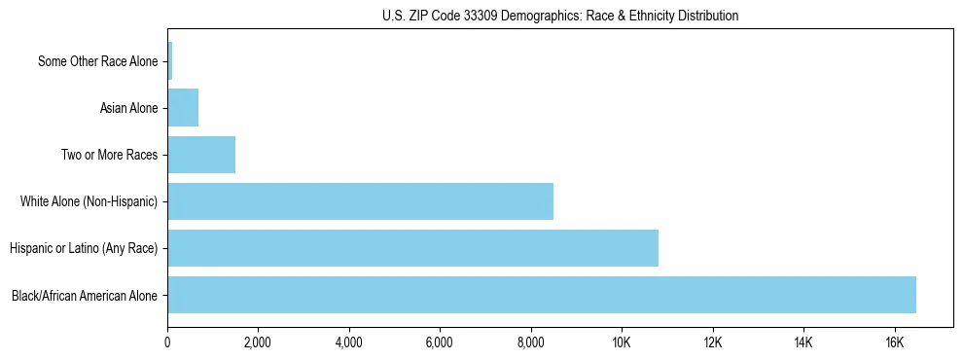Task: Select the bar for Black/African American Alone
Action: [x=542, y=295]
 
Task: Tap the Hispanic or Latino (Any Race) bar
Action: [x=412, y=248]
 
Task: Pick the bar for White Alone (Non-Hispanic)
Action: [x=360, y=201]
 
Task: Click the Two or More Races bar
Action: [x=201, y=155]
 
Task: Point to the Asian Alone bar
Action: [x=183, y=108]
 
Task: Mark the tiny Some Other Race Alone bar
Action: [x=170, y=61]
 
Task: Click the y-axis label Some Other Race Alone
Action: [x=97, y=62]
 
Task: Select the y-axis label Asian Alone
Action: [x=128, y=108]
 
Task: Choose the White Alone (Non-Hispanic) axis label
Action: [x=89, y=202]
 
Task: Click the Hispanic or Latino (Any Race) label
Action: [x=84, y=249]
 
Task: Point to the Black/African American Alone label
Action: [x=84, y=296]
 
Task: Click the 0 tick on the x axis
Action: [x=167, y=342]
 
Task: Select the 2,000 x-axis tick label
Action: [x=258, y=342]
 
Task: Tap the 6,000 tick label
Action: [x=440, y=342]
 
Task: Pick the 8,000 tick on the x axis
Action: [x=531, y=342]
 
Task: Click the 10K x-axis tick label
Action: [x=622, y=342]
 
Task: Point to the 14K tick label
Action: [x=803, y=342]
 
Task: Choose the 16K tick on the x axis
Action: [x=894, y=342]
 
